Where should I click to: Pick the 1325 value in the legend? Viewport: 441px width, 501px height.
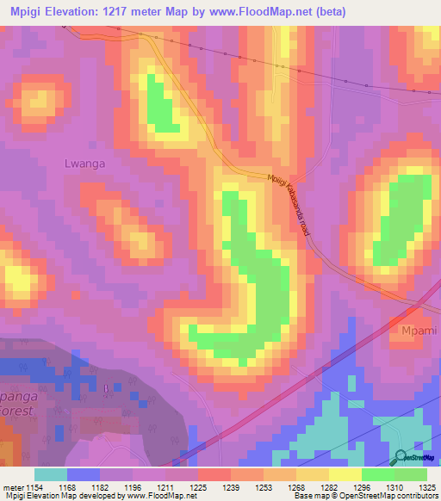point(425,487)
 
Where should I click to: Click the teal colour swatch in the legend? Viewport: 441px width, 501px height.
point(51,474)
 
